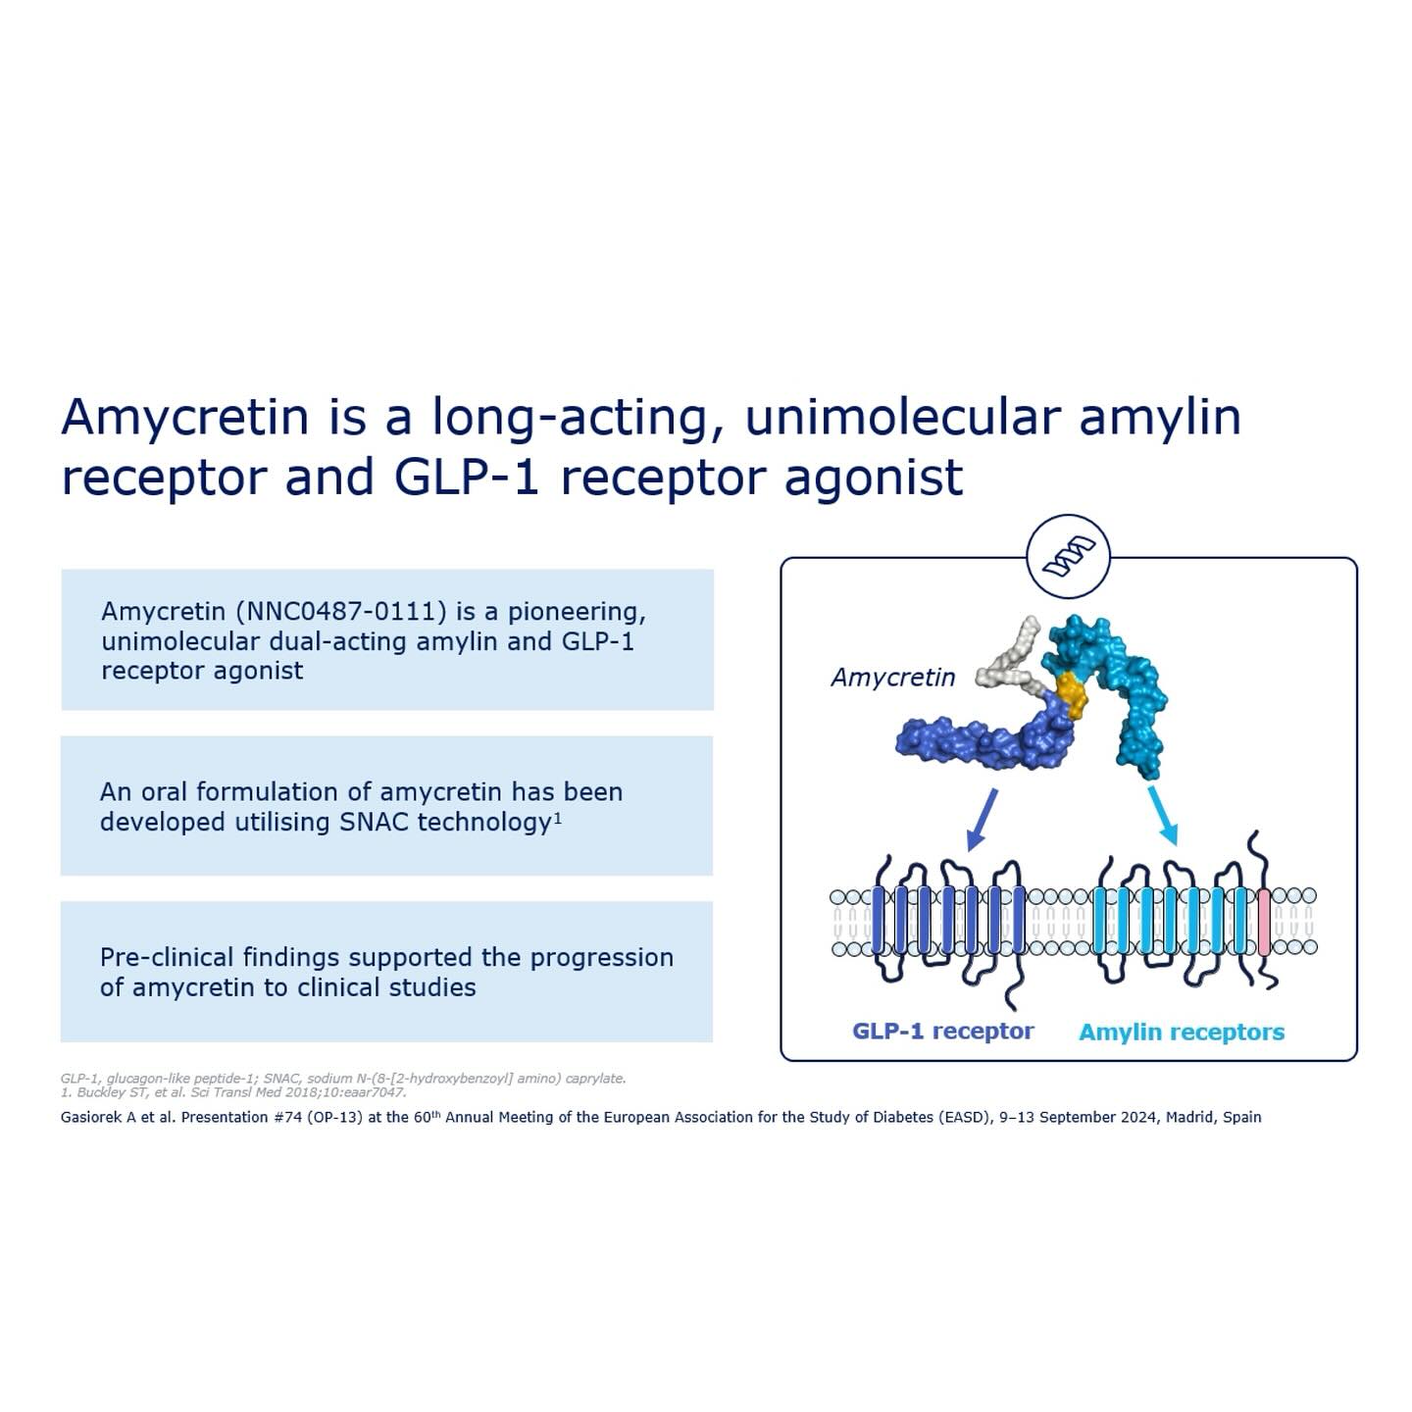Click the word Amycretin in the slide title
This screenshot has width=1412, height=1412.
(x=184, y=418)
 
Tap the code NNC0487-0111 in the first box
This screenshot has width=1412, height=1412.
(x=341, y=611)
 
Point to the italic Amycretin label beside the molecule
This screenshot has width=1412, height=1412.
(x=892, y=677)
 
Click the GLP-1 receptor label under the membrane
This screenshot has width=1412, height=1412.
(x=943, y=1031)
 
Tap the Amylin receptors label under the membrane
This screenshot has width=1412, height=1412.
(x=1182, y=1032)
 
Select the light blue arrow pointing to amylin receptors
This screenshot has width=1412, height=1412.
(x=1163, y=816)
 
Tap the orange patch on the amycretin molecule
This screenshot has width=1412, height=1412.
(x=1071, y=697)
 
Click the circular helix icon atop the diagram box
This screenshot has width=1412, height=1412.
(x=1068, y=557)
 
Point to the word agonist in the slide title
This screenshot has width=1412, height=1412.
(x=874, y=478)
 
